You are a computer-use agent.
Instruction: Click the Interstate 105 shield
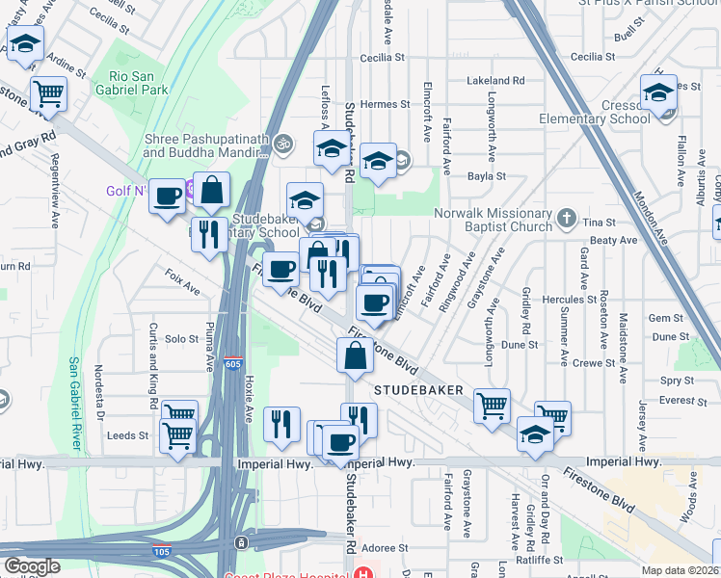pos(164,552)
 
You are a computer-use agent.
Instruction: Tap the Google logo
pos(32,566)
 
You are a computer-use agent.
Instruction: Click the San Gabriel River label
pos(74,405)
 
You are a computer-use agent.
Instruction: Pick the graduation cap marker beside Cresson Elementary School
pos(658,94)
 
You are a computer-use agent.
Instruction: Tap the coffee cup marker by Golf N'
pos(168,197)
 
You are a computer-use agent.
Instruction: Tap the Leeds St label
pos(128,435)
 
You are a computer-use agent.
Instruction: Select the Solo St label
pos(181,339)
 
